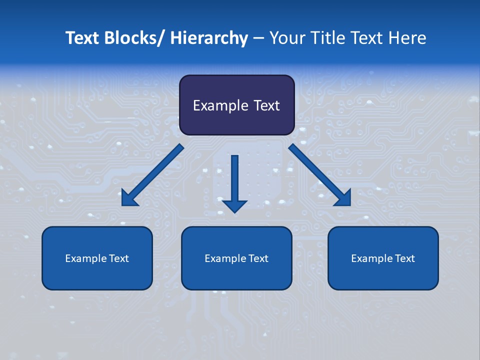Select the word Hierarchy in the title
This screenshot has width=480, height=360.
click(209, 38)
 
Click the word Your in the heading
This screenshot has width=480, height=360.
click(286, 38)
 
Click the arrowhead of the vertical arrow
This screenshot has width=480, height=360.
click(234, 205)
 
